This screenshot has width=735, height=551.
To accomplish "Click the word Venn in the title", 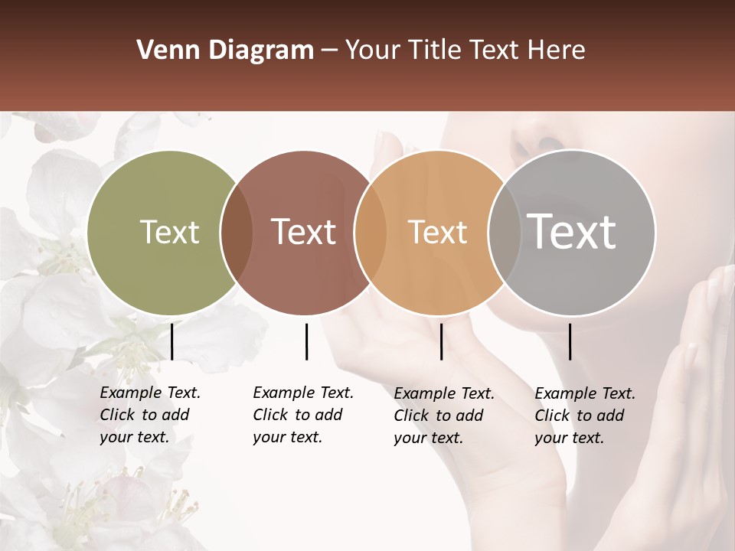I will [162, 51].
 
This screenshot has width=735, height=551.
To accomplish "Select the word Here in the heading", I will [558, 51].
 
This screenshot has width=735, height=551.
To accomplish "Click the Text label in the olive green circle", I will [169, 232].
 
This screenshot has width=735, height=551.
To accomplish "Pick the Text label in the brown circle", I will [303, 232].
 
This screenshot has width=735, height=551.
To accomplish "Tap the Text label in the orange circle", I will [437, 232].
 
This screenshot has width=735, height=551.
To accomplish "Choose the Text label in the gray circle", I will [571, 231].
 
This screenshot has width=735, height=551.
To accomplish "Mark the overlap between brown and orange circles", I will [370, 233].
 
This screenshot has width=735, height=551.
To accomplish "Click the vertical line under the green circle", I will [171, 341].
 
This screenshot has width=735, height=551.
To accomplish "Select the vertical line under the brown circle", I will [306, 341].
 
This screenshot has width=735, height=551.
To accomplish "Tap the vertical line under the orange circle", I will [441, 341].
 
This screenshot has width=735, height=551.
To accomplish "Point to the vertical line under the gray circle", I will [570, 341].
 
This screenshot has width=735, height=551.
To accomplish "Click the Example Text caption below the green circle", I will [150, 415].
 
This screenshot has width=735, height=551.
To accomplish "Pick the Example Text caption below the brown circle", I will [303, 415].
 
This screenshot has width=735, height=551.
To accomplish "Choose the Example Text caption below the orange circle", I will [444, 416].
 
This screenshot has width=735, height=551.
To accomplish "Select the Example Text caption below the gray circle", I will [585, 416].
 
